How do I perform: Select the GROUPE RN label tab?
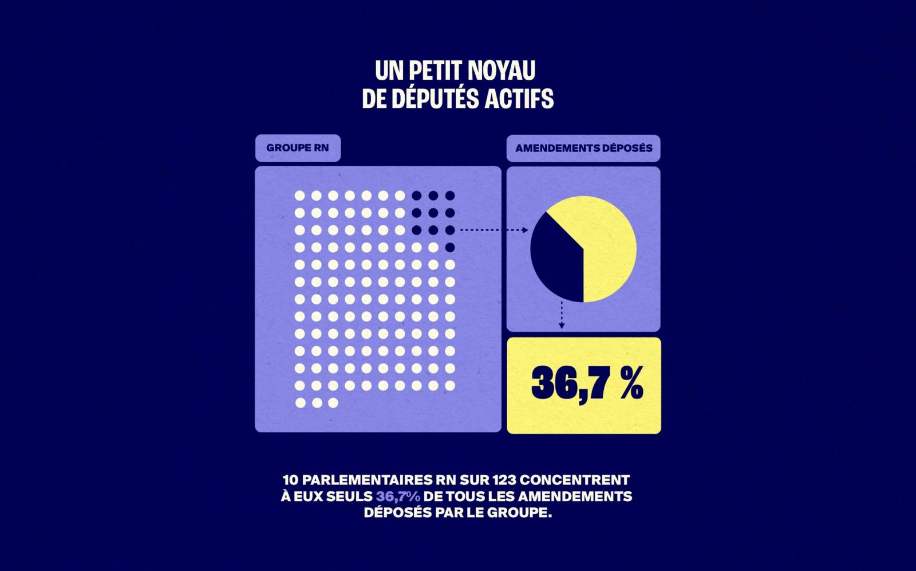[298, 148]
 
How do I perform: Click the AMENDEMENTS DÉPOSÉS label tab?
[583, 148]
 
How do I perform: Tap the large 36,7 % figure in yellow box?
[587, 384]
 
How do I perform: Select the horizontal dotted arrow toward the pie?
[493, 230]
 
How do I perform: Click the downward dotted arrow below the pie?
[562, 315]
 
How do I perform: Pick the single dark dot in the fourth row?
[450, 248]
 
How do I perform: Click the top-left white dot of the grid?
[299, 196]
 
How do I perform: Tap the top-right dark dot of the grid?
[450, 196]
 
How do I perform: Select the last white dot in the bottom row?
[333, 403]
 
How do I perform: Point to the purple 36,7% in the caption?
[398, 496]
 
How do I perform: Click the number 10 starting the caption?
[291, 480]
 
